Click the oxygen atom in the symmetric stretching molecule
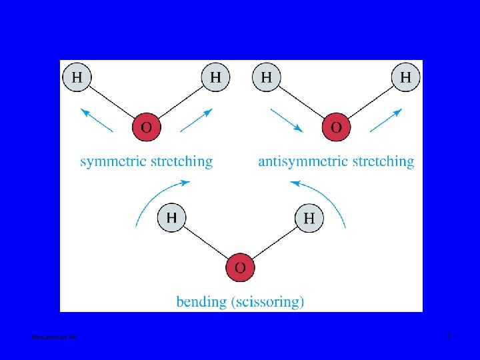pos(147,127)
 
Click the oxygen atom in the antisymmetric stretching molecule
pos(336,127)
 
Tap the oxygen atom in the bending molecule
pos(240,267)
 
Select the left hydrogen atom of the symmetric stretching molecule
pos(77,77)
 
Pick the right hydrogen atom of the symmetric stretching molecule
pos(215,77)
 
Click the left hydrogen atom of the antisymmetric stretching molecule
pos(267,77)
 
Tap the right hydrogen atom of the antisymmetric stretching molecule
pos(405,77)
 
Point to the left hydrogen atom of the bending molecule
pos(172,217)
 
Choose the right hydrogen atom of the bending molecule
pos(309,218)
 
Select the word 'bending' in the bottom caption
pos(201,302)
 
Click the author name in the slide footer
pos(54,338)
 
